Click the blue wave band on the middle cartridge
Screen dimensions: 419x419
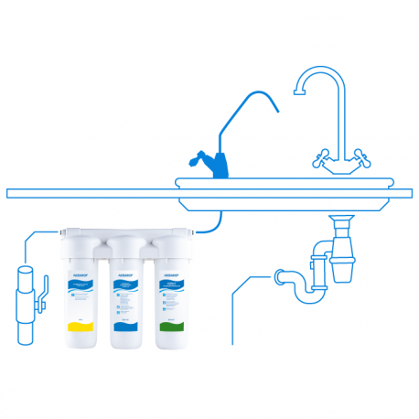coord(125,323)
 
